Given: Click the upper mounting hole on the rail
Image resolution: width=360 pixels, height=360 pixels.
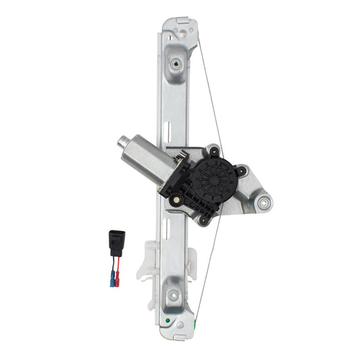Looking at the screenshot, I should tap(176, 64).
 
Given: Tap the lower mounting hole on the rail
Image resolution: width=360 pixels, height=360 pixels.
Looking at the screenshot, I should tap(174, 294).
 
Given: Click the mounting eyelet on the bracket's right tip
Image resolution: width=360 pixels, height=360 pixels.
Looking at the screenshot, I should tap(262, 202).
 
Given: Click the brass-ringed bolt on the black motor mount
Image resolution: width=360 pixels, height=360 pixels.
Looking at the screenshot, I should tap(176, 199).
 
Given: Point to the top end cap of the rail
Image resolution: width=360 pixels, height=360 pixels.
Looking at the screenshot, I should tap(180, 25).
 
